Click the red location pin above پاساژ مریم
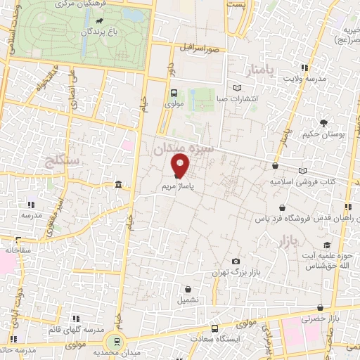click(x=181, y=166)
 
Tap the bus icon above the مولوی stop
click(x=174, y=93)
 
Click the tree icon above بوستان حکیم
click(x=323, y=122)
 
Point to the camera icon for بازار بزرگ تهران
click(x=236, y=261)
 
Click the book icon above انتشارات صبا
click(x=236, y=87)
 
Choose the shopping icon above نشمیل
click(x=188, y=288)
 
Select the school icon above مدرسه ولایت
click(x=304, y=68)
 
